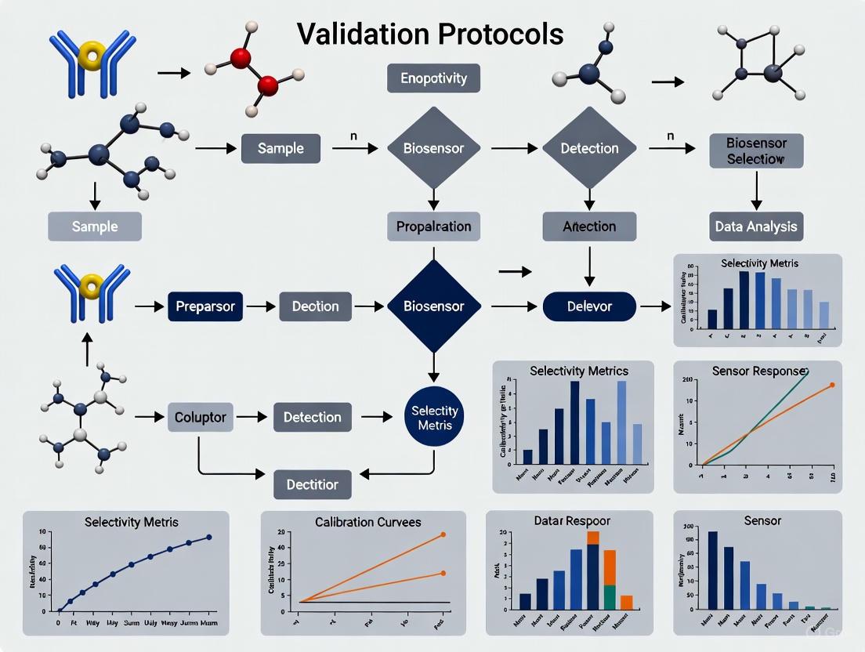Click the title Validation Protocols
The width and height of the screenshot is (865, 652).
click(430, 34)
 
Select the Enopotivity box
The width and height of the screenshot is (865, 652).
click(433, 78)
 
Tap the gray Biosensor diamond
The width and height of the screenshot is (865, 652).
click(433, 148)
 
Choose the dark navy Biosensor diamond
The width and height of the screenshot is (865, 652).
click(433, 306)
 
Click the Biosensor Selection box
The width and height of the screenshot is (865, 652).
click(756, 150)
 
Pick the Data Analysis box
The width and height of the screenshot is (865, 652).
click(756, 226)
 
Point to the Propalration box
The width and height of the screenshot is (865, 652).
click(433, 226)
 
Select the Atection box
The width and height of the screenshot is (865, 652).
click(589, 226)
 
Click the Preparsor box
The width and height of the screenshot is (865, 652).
click(205, 306)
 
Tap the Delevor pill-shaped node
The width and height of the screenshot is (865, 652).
click(589, 306)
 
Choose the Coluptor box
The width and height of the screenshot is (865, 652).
click(201, 417)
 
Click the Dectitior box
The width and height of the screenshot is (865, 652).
click(312, 484)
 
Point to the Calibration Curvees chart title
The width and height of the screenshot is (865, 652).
click(367, 522)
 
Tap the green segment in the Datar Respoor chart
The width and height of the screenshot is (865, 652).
click(609, 597)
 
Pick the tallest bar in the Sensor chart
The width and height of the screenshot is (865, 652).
click(713, 570)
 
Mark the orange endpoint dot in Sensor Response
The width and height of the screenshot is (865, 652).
click(831, 385)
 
